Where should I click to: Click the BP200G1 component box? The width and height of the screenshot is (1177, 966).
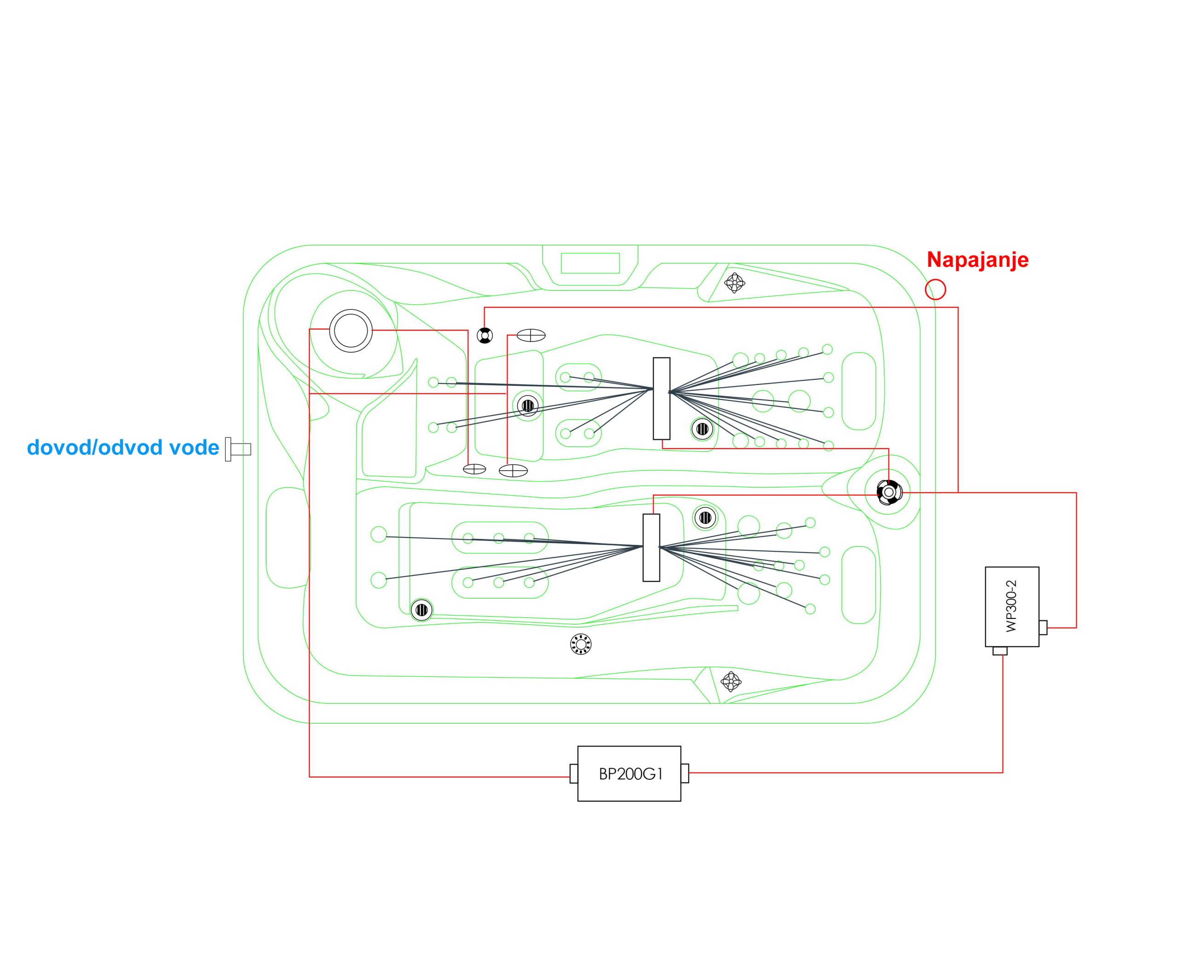tap(629, 773)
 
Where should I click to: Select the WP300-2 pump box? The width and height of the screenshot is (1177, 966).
tap(1012, 606)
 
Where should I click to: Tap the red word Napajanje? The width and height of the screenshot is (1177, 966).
tap(977, 260)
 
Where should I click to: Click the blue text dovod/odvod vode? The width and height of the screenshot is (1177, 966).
tap(123, 447)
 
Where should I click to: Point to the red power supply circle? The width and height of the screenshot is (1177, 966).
tap(935, 289)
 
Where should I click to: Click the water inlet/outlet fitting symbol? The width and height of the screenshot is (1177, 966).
tap(238, 449)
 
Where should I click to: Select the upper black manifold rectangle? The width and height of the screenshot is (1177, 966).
tap(661, 399)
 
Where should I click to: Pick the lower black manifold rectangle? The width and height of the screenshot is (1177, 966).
tap(651, 548)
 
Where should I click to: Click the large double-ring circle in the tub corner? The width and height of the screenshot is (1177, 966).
tap(351, 331)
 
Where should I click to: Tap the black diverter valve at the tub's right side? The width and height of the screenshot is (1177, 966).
tap(887, 492)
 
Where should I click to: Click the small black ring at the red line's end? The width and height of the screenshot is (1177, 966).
tap(485, 336)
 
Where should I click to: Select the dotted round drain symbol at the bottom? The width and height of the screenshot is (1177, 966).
tap(580, 644)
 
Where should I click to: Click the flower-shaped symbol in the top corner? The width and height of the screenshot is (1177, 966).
tap(735, 283)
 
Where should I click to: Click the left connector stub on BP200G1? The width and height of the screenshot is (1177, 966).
tap(574, 773)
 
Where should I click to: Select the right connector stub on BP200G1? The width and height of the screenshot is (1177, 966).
tap(685, 773)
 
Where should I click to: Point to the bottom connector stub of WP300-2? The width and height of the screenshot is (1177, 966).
tap(1000, 651)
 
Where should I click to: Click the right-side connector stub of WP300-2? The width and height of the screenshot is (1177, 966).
tap(1043, 627)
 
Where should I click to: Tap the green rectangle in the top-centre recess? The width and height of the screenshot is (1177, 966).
tap(590, 263)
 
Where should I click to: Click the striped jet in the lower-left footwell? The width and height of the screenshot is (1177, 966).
tap(421, 610)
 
